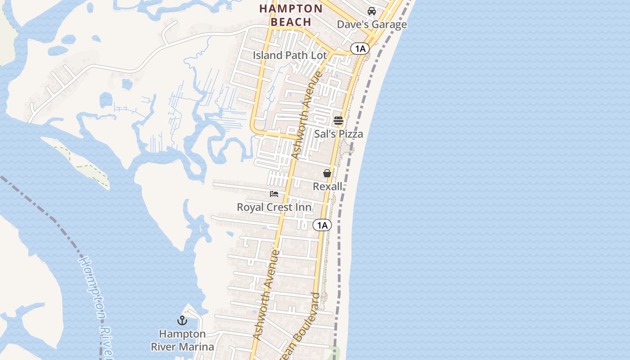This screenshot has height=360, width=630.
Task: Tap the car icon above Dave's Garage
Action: coord(372,11)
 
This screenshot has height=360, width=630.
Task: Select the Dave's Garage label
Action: coord(372,24)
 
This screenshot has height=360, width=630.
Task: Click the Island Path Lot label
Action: coord(290,55)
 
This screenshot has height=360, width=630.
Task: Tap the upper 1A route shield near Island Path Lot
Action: coord(360,49)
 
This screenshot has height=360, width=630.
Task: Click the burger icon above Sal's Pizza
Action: coord(338,121)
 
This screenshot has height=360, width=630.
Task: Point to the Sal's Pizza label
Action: coord(338,134)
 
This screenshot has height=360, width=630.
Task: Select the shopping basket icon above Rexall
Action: coord(327,173)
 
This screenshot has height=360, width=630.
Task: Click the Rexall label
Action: coord(328,186)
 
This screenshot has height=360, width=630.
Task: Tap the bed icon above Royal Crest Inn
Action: coord(274,194)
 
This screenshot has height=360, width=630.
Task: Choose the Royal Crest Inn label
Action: coord(274,207)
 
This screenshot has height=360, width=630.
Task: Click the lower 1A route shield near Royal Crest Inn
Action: coord(322,225)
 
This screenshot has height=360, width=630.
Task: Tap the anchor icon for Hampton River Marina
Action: coord(182,320)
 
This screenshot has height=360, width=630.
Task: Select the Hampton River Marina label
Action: coord(182,340)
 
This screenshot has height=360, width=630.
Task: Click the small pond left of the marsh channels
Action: coord(106,99)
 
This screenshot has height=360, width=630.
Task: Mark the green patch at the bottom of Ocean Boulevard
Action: coord(333,352)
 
